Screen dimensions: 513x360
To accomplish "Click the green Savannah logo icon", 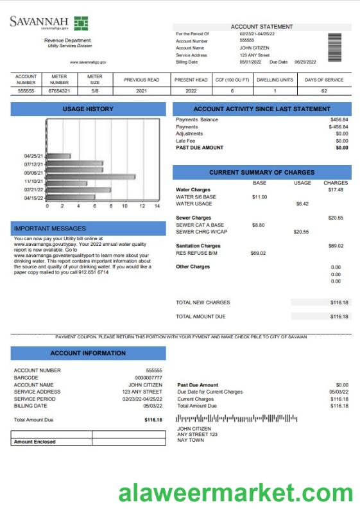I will click(81, 24).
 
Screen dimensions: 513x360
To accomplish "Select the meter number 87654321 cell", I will click(59, 91).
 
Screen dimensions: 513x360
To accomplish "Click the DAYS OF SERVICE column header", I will click(324, 80).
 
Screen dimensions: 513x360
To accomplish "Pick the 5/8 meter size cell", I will click(94, 91).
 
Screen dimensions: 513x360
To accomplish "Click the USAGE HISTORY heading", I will click(88, 109).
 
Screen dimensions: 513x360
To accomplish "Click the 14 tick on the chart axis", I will click(157, 206).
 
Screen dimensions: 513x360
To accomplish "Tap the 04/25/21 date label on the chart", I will click(33, 156).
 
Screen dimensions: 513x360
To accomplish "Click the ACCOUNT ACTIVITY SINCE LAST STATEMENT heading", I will click(262, 109).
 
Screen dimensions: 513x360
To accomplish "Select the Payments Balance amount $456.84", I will click(339, 120).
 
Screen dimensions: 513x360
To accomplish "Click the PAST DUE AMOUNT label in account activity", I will click(200, 148).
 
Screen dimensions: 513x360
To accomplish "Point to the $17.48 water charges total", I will click(336, 190).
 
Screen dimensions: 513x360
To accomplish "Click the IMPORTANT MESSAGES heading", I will click(49, 228).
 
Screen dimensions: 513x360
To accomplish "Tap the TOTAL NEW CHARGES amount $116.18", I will click(339, 302).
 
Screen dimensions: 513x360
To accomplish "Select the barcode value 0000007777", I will click(148, 378).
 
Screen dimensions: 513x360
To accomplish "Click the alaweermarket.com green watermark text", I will click(236, 494).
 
